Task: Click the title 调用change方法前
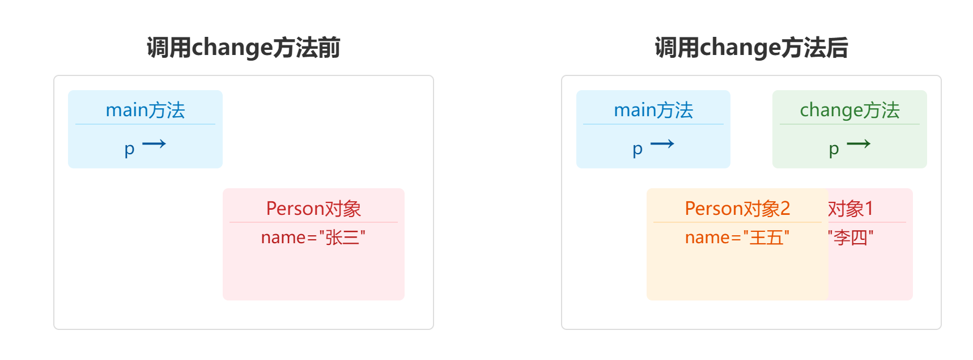click(243, 48)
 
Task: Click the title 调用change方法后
click(751, 48)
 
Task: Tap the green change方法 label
click(849, 110)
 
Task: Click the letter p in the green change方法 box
click(833, 149)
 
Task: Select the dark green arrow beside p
click(859, 144)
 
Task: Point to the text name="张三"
click(313, 237)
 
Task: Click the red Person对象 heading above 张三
click(313, 209)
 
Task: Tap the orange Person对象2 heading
click(737, 209)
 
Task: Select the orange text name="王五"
click(737, 237)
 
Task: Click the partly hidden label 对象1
click(850, 209)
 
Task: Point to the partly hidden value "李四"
click(850, 237)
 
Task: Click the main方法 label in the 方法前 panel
click(145, 110)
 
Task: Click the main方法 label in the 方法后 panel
click(653, 110)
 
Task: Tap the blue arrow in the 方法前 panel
click(154, 144)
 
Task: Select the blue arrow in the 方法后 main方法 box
click(662, 144)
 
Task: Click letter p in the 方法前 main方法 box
click(129, 149)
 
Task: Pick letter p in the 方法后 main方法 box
click(637, 149)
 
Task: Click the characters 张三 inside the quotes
click(342, 237)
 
